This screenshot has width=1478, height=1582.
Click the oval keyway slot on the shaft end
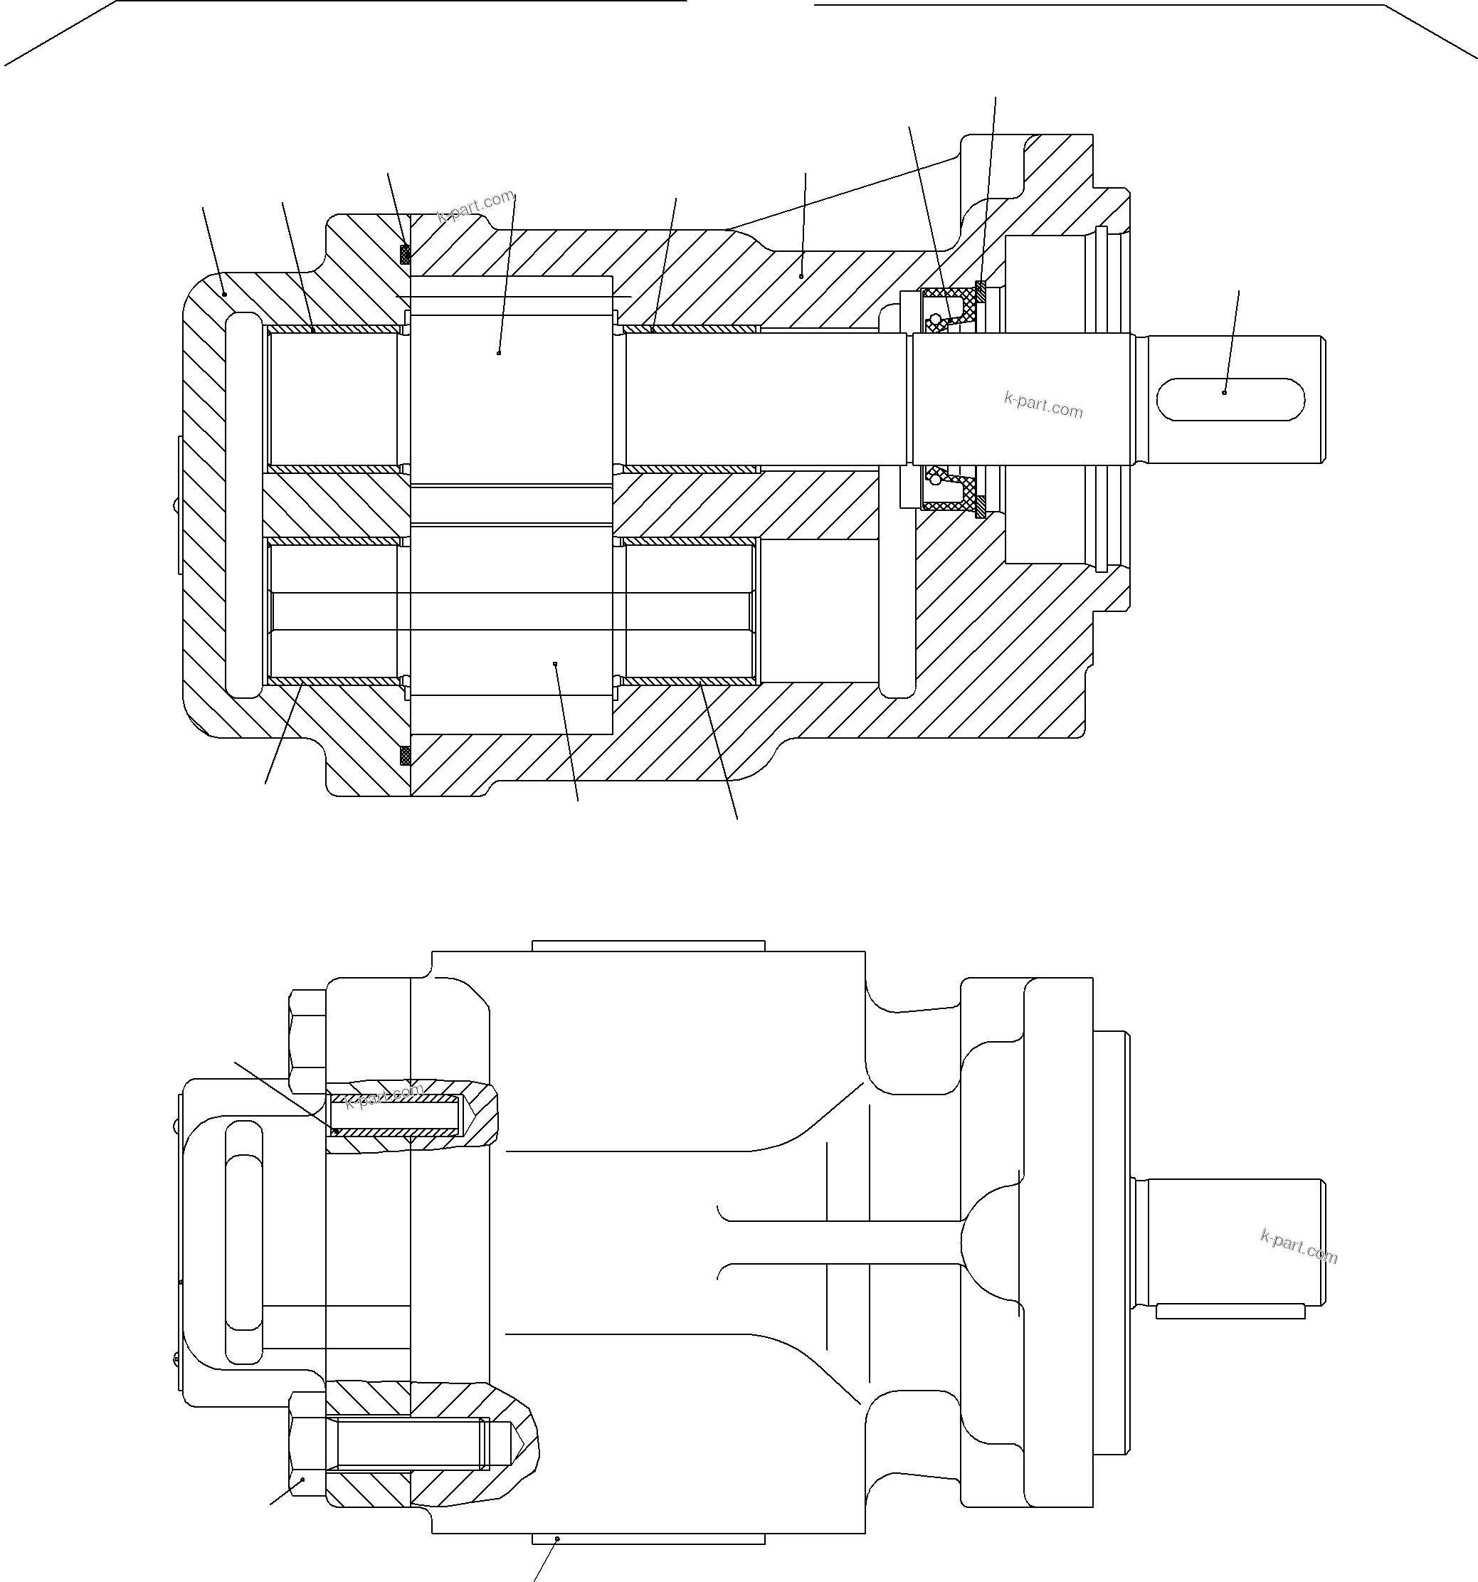[1230, 399]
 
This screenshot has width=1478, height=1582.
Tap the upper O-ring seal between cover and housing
[405, 254]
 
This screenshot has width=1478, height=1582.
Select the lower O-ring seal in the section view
[405, 754]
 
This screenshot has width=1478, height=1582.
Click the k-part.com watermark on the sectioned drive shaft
[1042, 405]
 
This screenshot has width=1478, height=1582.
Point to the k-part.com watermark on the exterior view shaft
[1299, 1245]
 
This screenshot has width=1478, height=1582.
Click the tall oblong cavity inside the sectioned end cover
[243, 505]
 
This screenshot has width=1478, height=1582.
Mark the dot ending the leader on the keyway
[1224, 392]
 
